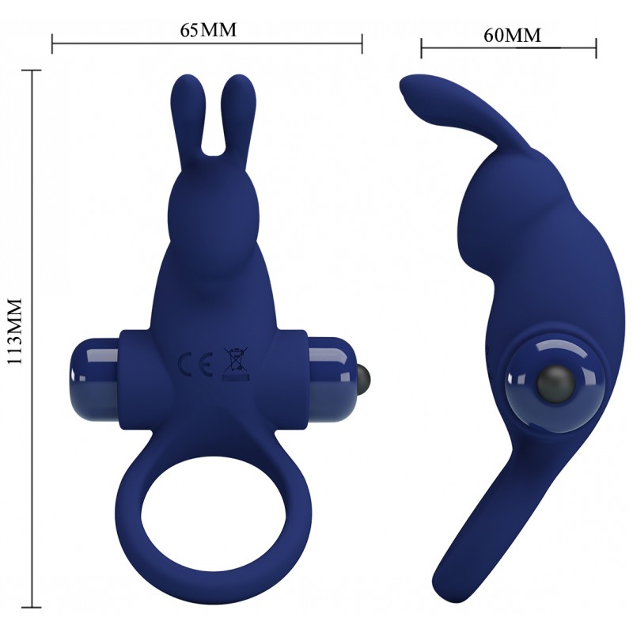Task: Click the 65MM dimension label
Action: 208,30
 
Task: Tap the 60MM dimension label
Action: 512,35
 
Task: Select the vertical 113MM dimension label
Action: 14,332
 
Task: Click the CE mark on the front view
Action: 195,364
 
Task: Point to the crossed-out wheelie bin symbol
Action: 236,364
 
